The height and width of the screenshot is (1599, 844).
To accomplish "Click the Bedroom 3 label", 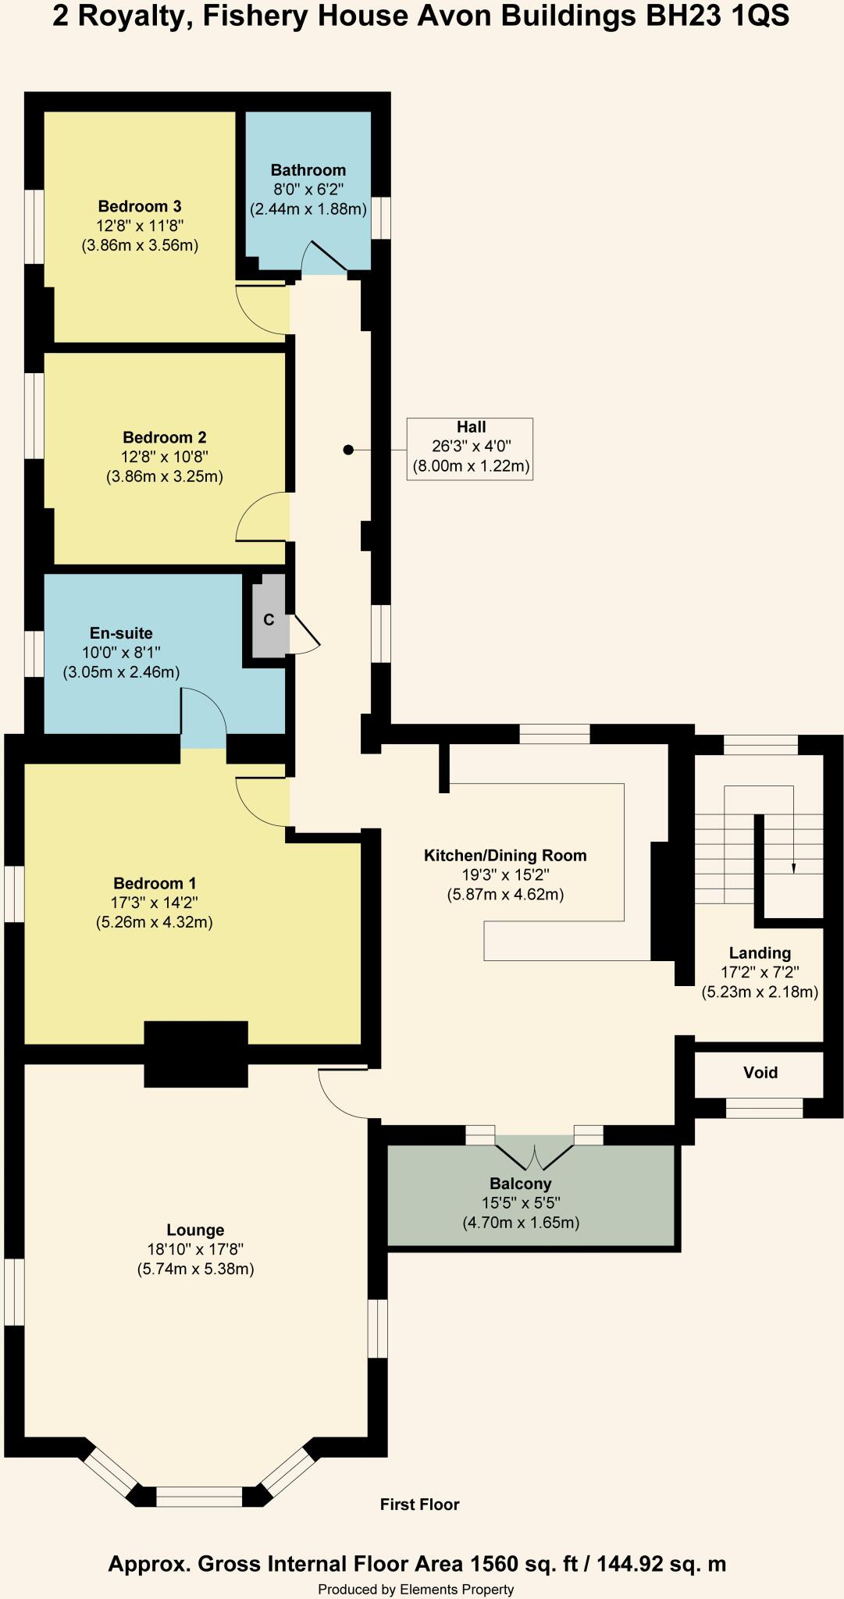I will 140,206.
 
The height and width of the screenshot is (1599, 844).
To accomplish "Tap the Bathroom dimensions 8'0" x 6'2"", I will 308,190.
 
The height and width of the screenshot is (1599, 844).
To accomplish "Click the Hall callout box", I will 470,448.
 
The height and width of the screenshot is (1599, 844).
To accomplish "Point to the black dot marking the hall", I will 348,450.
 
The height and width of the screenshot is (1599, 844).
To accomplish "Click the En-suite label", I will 121,633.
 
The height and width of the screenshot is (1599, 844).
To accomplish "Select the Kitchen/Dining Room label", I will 504,856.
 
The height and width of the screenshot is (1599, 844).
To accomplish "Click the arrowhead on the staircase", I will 794,867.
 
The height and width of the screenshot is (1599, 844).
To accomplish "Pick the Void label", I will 760,1073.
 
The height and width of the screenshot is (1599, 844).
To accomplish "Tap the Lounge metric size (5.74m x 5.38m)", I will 195,1270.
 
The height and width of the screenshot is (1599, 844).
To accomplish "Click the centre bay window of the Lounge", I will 199,1496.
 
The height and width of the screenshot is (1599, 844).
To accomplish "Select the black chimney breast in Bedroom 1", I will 196,1054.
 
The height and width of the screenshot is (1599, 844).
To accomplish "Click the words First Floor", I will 419,1505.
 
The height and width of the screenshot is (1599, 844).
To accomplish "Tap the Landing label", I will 760,953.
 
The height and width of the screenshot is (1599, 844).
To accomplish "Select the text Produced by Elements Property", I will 415,1589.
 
